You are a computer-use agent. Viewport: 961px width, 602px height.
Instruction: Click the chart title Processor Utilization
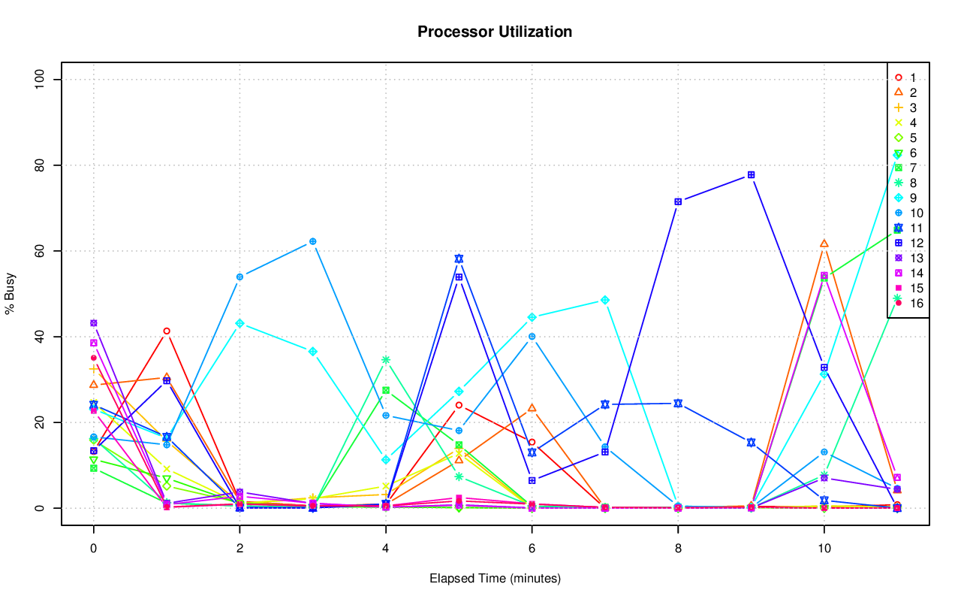pyautogui.click(x=495, y=32)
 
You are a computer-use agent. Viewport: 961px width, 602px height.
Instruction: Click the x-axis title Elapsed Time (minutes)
pyautogui.click(x=495, y=579)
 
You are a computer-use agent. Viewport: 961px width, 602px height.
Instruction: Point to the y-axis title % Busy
pyautogui.click(x=11, y=294)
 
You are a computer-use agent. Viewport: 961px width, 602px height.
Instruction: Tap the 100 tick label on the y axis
pyautogui.click(x=42, y=80)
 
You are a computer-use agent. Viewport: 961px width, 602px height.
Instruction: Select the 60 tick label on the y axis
pyautogui.click(x=42, y=251)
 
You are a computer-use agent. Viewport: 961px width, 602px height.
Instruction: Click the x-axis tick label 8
pyautogui.click(x=678, y=549)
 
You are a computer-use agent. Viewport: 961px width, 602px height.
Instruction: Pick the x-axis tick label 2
pyautogui.click(x=239, y=549)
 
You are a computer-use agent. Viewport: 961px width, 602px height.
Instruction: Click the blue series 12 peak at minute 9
pyautogui.click(x=751, y=175)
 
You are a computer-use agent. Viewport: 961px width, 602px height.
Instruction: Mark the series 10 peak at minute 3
pyautogui.click(x=312, y=242)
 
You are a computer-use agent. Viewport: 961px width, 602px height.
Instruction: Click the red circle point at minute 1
pyautogui.click(x=167, y=331)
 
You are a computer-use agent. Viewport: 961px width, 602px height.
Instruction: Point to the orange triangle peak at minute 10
pyautogui.click(x=824, y=244)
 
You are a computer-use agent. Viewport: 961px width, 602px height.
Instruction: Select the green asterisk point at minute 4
pyautogui.click(x=386, y=360)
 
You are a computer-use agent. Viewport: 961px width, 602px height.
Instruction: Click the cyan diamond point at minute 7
pyautogui.click(x=605, y=300)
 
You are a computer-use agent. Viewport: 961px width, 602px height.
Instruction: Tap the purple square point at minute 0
pyautogui.click(x=94, y=323)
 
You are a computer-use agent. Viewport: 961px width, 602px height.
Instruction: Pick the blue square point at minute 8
pyautogui.click(x=678, y=202)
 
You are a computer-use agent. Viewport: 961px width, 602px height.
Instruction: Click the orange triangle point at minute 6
pyautogui.click(x=532, y=408)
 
